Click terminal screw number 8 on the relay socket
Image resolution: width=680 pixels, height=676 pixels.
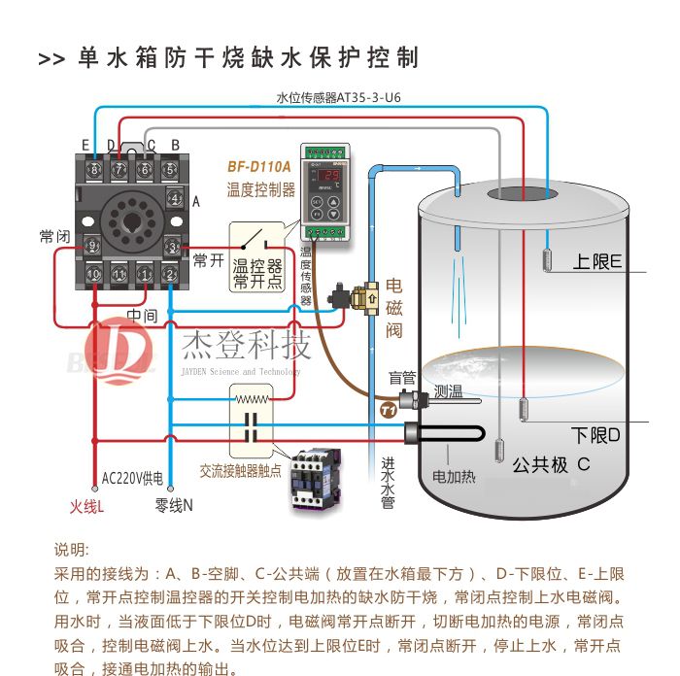pyautogui.click(x=94, y=171)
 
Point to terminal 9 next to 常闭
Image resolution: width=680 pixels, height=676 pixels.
pyautogui.click(x=93, y=245)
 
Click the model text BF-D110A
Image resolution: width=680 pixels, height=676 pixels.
pyautogui.click(x=258, y=166)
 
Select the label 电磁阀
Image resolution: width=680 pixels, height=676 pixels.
pyautogui.click(x=394, y=308)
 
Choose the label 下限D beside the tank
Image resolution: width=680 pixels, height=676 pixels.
pyautogui.click(x=595, y=434)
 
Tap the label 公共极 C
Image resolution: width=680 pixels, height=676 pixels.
pyautogui.click(x=551, y=465)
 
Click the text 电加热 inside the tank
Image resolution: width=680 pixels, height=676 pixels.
pyautogui.click(x=454, y=478)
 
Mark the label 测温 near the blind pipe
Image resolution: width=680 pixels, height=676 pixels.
pyautogui.click(x=448, y=392)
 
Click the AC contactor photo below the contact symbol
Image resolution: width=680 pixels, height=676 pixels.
pyautogui.click(x=322, y=477)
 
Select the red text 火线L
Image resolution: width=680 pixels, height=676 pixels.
pyautogui.click(x=86, y=506)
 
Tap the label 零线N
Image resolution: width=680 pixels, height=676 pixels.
pyautogui.click(x=175, y=506)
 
